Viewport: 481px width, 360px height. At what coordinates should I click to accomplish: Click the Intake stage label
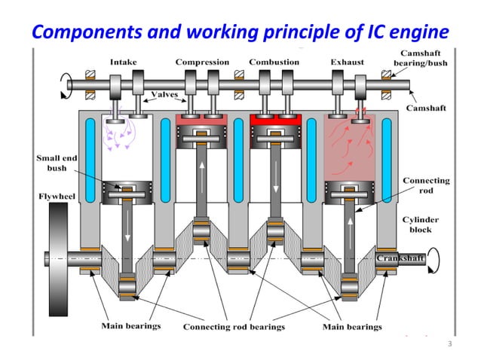123,62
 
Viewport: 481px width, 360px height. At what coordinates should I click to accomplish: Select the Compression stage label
202,62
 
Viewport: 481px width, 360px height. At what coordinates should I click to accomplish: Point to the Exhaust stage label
348,62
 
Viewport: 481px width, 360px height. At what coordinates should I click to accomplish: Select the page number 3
449,344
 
